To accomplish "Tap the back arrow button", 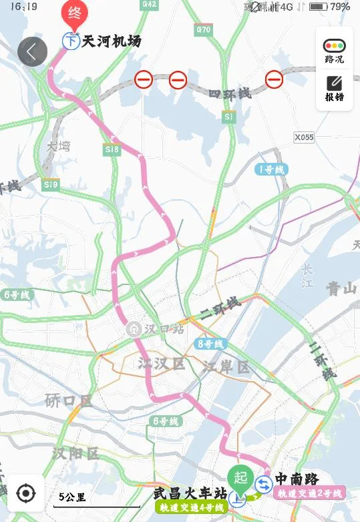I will point(32,51).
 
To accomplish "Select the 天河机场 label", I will point(111,41).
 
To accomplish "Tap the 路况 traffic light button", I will point(334,51).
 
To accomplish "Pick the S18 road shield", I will point(112,150).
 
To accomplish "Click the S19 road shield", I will point(50,184).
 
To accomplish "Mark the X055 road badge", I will point(304,137).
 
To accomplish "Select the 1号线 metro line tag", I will point(272,170).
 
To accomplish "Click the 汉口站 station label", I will point(165,329).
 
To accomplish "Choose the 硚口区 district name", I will point(67,401).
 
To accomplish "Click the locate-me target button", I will point(25,493).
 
